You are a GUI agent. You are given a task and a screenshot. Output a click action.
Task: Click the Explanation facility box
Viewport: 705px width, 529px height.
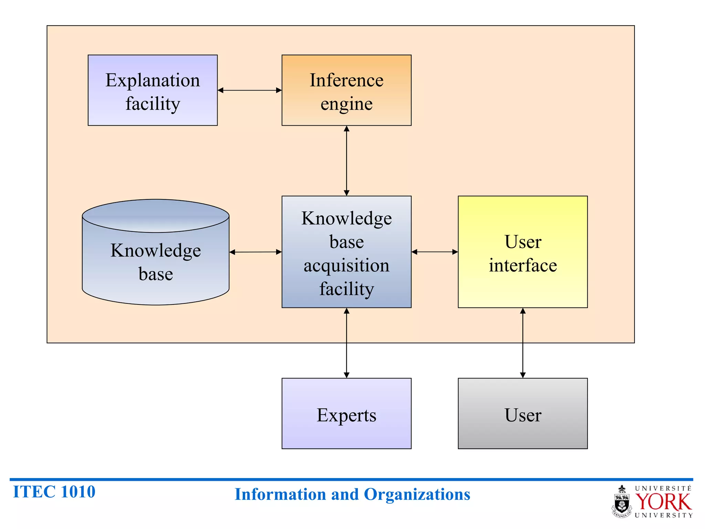pyautogui.click(x=152, y=90)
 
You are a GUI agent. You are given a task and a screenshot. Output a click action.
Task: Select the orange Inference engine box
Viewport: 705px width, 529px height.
pyautogui.click(x=346, y=90)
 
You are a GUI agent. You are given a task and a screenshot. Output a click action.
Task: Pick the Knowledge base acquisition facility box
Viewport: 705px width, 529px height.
pyautogui.click(x=346, y=252)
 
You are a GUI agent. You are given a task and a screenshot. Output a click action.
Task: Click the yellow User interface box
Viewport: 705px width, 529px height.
pyautogui.click(x=523, y=252)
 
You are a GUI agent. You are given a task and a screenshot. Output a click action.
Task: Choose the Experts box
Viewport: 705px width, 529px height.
pyautogui.click(x=346, y=414)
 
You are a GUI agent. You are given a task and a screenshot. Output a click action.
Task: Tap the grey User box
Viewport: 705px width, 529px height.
pyautogui.click(x=523, y=414)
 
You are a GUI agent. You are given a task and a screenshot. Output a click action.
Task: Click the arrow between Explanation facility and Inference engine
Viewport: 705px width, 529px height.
pyautogui.click(x=250, y=91)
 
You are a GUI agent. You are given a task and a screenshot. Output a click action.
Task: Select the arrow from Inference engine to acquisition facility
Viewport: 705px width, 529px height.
pyautogui.click(x=347, y=160)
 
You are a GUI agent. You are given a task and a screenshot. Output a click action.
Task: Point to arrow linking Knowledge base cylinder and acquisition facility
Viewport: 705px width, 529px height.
pyautogui.click(x=255, y=252)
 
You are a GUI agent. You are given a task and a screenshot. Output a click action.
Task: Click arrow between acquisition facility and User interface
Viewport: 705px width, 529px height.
pyautogui.click(x=434, y=252)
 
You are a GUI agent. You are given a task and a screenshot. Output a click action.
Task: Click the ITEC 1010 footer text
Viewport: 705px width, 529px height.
pyautogui.click(x=54, y=492)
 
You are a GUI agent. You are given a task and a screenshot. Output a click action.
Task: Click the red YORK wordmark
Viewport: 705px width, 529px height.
pyautogui.click(x=663, y=502)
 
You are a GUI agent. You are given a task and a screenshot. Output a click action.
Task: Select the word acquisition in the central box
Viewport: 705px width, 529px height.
pyautogui.click(x=346, y=266)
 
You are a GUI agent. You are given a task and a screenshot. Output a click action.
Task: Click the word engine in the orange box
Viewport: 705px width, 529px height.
pyautogui.click(x=346, y=104)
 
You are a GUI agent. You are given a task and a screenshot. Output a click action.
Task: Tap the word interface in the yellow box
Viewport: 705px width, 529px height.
pyautogui.click(x=523, y=266)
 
